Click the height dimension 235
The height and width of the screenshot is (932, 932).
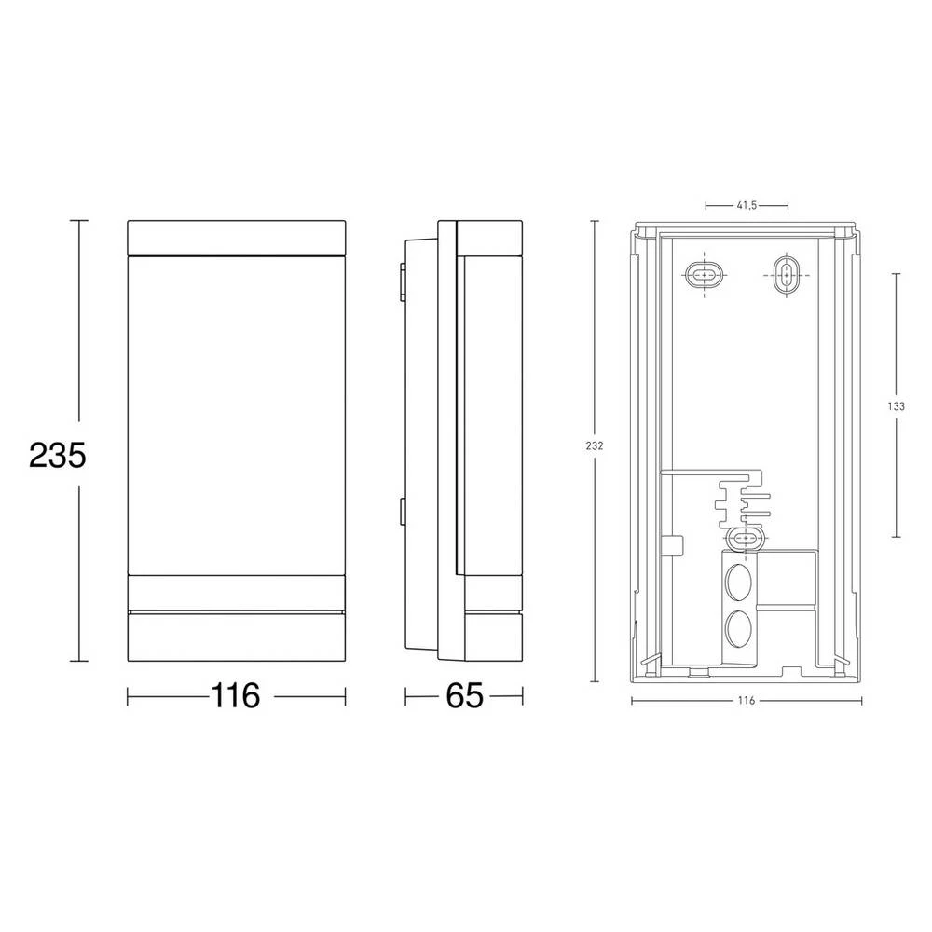(58, 455)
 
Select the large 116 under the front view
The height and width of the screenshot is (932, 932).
(235, 696)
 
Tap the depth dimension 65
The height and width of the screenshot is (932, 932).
(463, 696)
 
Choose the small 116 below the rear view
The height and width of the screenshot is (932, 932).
(745, 700)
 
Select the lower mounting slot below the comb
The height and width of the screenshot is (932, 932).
(745, 538)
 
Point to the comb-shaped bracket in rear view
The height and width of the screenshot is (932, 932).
(742, 503)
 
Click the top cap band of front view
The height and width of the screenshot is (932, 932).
(236, 237)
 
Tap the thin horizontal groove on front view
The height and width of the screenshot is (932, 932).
(236, 611)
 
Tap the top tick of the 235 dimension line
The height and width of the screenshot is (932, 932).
(79, 220)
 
